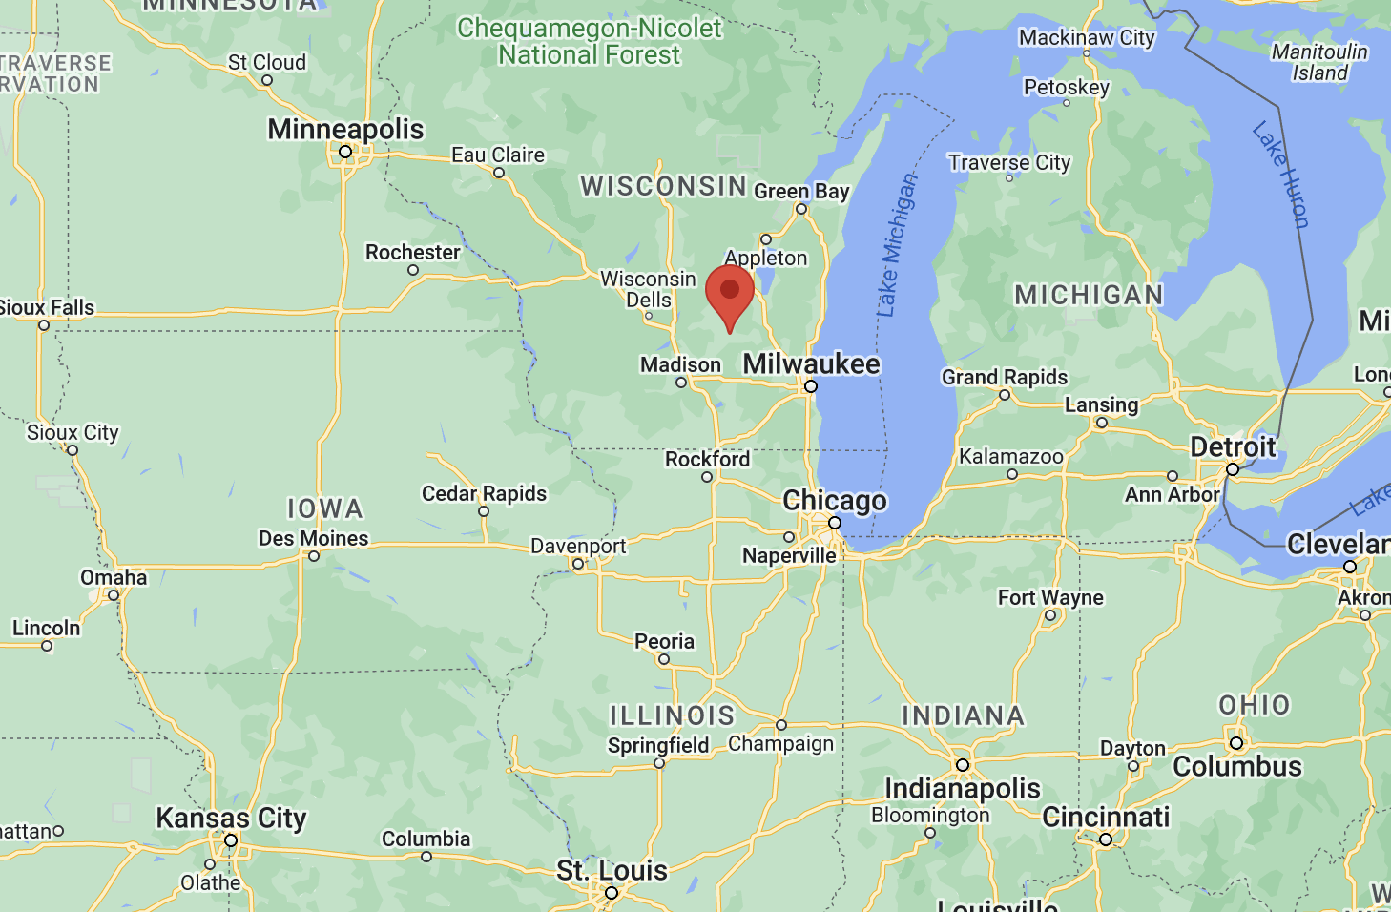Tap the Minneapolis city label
tap(345, 129)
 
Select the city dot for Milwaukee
tap(811, 386)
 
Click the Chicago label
tap(835, 500)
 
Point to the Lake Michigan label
tap(896, 245)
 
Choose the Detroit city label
tap(1233, 446)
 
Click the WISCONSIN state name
tap(664, 186)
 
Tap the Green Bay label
tap(801, 191)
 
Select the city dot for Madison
tap(681, 383)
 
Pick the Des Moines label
tap(313, 538)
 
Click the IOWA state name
tap(325, 508)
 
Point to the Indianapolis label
tap(963, 788)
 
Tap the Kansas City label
tap(231, 818)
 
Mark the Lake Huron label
tap(1280, 174)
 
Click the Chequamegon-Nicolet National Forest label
tap(590, 41)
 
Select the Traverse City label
tap(1009, 162)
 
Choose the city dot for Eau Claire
tap(499, 173)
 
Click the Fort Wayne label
tap(1050, 597)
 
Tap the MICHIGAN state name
tap(1089, 295)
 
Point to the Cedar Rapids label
tap(484, 493)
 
